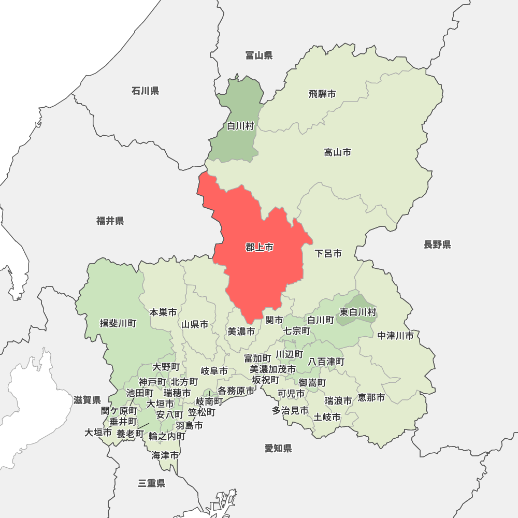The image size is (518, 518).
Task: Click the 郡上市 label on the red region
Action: point(260,248)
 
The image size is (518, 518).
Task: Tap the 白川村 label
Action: point(240,126)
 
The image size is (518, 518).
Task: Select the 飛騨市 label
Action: point(322,94)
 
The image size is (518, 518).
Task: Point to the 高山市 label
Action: point(337,152)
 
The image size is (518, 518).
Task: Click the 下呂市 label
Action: point(328,253)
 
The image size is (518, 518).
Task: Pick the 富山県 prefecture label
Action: point(259,55)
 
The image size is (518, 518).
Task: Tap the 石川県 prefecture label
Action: point(145,91)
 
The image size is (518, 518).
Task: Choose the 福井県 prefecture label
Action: point(110,221)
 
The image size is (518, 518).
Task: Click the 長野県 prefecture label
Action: point(437,244)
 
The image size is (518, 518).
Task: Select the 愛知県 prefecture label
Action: point(278,448)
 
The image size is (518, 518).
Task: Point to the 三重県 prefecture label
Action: point(152,483)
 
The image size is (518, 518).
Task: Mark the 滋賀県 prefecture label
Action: point(87,400)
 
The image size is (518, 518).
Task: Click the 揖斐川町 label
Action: point(118,323)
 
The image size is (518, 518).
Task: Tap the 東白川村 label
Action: point(358,312)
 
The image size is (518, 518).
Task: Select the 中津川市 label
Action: point(396,336)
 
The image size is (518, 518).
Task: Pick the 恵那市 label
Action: point(371,397)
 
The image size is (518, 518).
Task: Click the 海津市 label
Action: point(165,455)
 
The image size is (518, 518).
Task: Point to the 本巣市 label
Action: point(163,312)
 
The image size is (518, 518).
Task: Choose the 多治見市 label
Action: point(291,410)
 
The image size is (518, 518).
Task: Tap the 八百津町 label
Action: point(326,361)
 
